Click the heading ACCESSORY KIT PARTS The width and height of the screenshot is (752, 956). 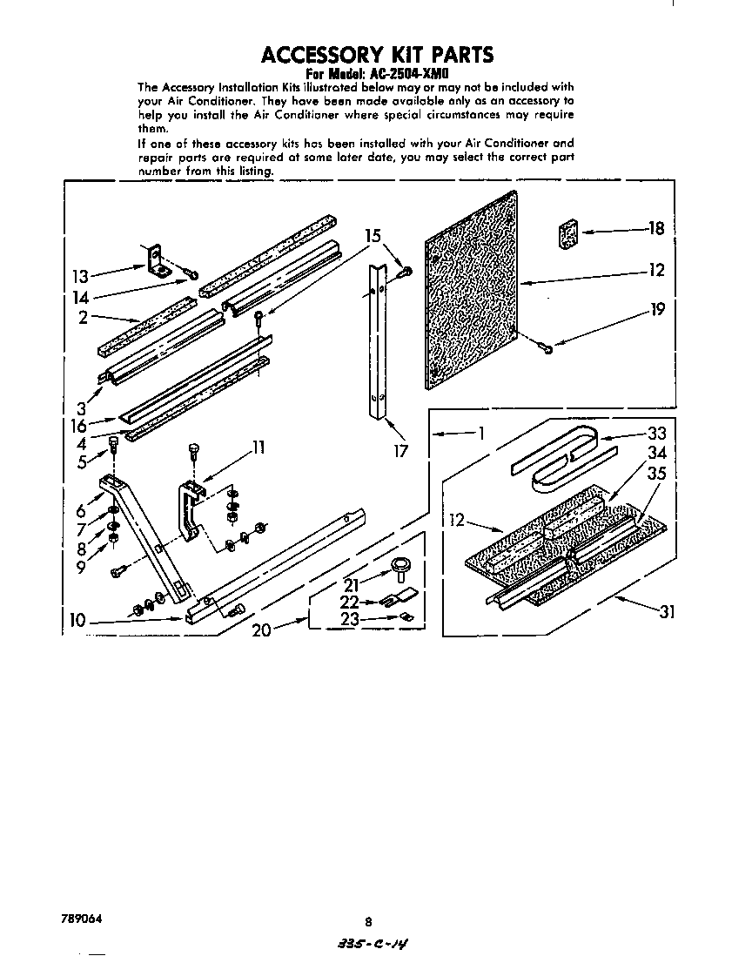pyautogui.click(x=378, y=54)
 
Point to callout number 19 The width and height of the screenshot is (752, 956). pyautogui.click(x=657, y=308)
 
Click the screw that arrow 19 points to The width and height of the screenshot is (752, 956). pyautogui.click(x=545, y=348)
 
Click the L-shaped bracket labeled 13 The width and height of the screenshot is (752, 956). pyautogui.click(x=158, y=260)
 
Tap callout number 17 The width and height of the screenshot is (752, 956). pyautogui.click(x=400, y=452)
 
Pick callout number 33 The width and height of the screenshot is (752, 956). pyautogui.click(x=655, y=434)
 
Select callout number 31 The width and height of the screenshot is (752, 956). pyautogui.click(x=667, y=612)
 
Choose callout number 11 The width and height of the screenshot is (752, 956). pyautogui.click(x=258, y=448)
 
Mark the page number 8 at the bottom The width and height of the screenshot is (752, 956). pyautogui.click(x=369, y=921)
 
